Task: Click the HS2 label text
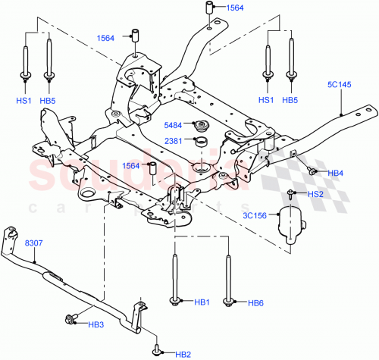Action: tap(315, 195)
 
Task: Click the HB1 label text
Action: tap(201, 302)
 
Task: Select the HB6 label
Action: tap(254, 302)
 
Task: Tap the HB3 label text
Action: tap(96, 325)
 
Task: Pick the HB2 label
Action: tap(183, 354)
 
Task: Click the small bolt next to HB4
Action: tap(312, 171)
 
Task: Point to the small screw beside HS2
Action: tap(292, 194)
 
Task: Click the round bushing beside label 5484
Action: tap(202, 127)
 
